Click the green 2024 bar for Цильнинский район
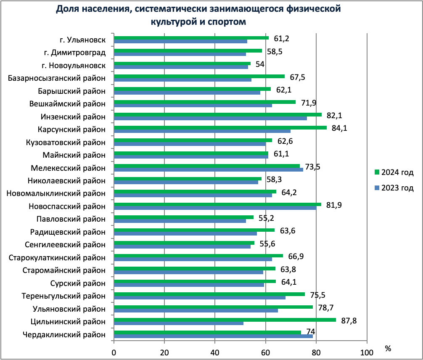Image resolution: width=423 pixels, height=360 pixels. coord(225,320)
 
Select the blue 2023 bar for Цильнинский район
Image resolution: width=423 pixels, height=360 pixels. coord(179,323)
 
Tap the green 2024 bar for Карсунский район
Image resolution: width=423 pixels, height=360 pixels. coord(220,127)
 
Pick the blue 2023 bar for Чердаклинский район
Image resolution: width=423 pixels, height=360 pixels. coord(213,336)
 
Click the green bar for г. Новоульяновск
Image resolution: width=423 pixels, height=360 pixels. coord(182,64)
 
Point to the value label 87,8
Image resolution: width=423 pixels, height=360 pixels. coord(347,320)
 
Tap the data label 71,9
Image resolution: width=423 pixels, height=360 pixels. coord(307,103)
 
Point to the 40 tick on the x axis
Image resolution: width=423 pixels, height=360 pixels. coord(215,352)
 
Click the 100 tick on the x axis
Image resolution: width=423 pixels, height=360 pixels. coord(367,352)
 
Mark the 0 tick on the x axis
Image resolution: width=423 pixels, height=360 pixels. coord(114,352)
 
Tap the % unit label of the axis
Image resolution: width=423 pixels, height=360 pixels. coord(388,349)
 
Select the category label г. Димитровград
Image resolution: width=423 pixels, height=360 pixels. coord(74,53)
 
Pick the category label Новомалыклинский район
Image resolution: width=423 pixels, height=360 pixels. coord(56,193)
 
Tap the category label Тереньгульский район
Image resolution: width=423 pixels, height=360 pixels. coord(63,296)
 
